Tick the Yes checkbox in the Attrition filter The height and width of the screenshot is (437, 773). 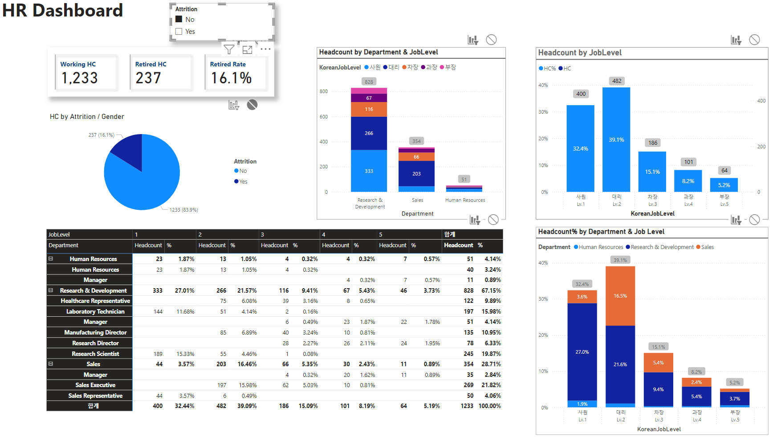click(x=179, y=32)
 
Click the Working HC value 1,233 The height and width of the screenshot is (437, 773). click(x=79, y=78)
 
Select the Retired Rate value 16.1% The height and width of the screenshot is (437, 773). click(x=231, y=78)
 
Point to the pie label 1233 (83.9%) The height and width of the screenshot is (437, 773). click(x=183, y=210)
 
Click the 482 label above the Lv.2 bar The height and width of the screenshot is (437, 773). click(x=617, y=81)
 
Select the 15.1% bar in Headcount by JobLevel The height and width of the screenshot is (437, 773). click(x=652, y=172)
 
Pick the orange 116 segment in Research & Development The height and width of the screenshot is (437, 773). click(x=369, y=109)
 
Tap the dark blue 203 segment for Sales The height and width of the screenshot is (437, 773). click(x=416, y=174)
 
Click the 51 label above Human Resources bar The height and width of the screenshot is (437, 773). click(x=464, y=180)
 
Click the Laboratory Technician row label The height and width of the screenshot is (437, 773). click(x=95, y=311)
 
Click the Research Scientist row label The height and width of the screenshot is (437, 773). click(x=95, y=354)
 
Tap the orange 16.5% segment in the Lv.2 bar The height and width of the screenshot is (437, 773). click(x=620, y=296)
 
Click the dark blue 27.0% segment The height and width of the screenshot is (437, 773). click(x=582, y=352)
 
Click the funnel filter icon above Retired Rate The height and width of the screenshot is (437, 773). click(x=229, y=49)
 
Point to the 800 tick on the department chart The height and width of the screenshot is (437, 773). click(x=324, y=91)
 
